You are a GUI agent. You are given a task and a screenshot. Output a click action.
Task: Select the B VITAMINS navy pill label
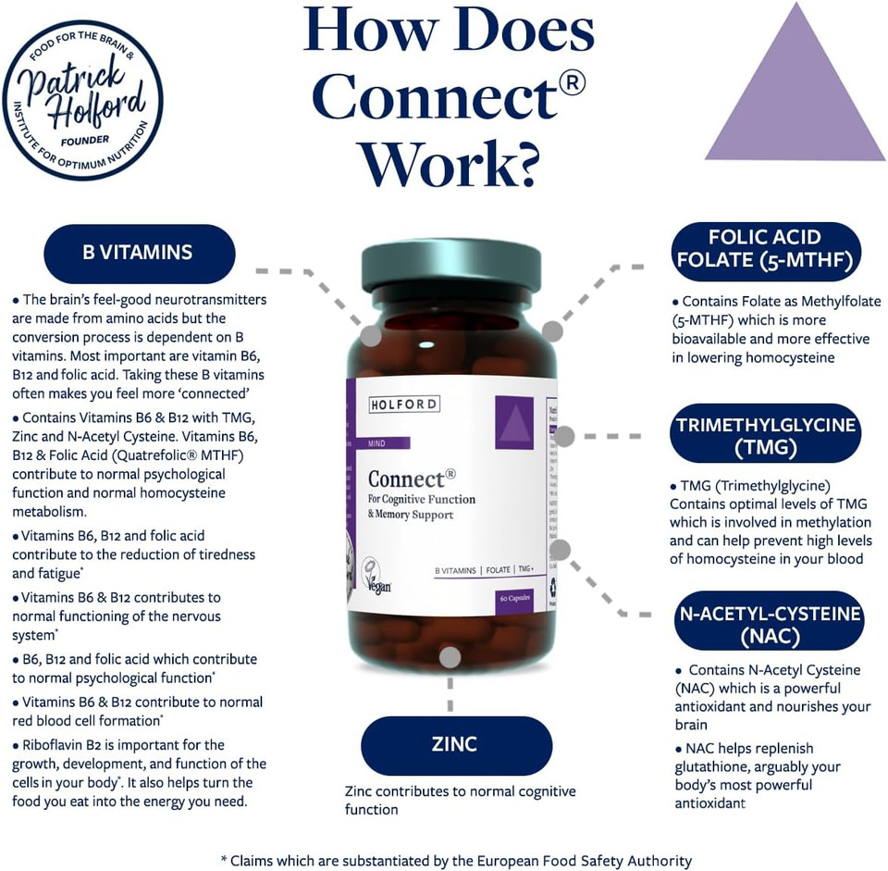click(139, 253)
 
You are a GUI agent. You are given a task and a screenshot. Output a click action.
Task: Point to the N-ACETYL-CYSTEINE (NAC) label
click(769, 625)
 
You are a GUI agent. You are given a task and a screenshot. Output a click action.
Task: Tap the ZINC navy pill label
click(456, 744)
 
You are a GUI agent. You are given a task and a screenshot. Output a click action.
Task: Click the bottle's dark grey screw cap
click(450, 268)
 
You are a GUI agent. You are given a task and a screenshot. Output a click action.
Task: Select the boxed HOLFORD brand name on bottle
click(405, 404)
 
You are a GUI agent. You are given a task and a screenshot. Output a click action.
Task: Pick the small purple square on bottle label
click(514, 422)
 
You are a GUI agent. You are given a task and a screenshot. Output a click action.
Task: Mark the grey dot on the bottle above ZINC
click(450, 657)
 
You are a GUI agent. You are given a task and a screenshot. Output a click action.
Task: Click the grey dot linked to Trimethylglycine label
click(564, 436)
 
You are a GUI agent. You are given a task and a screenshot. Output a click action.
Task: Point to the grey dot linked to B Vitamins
click(370, 335)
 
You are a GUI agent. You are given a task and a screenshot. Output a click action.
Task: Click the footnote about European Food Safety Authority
click(456, 861)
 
